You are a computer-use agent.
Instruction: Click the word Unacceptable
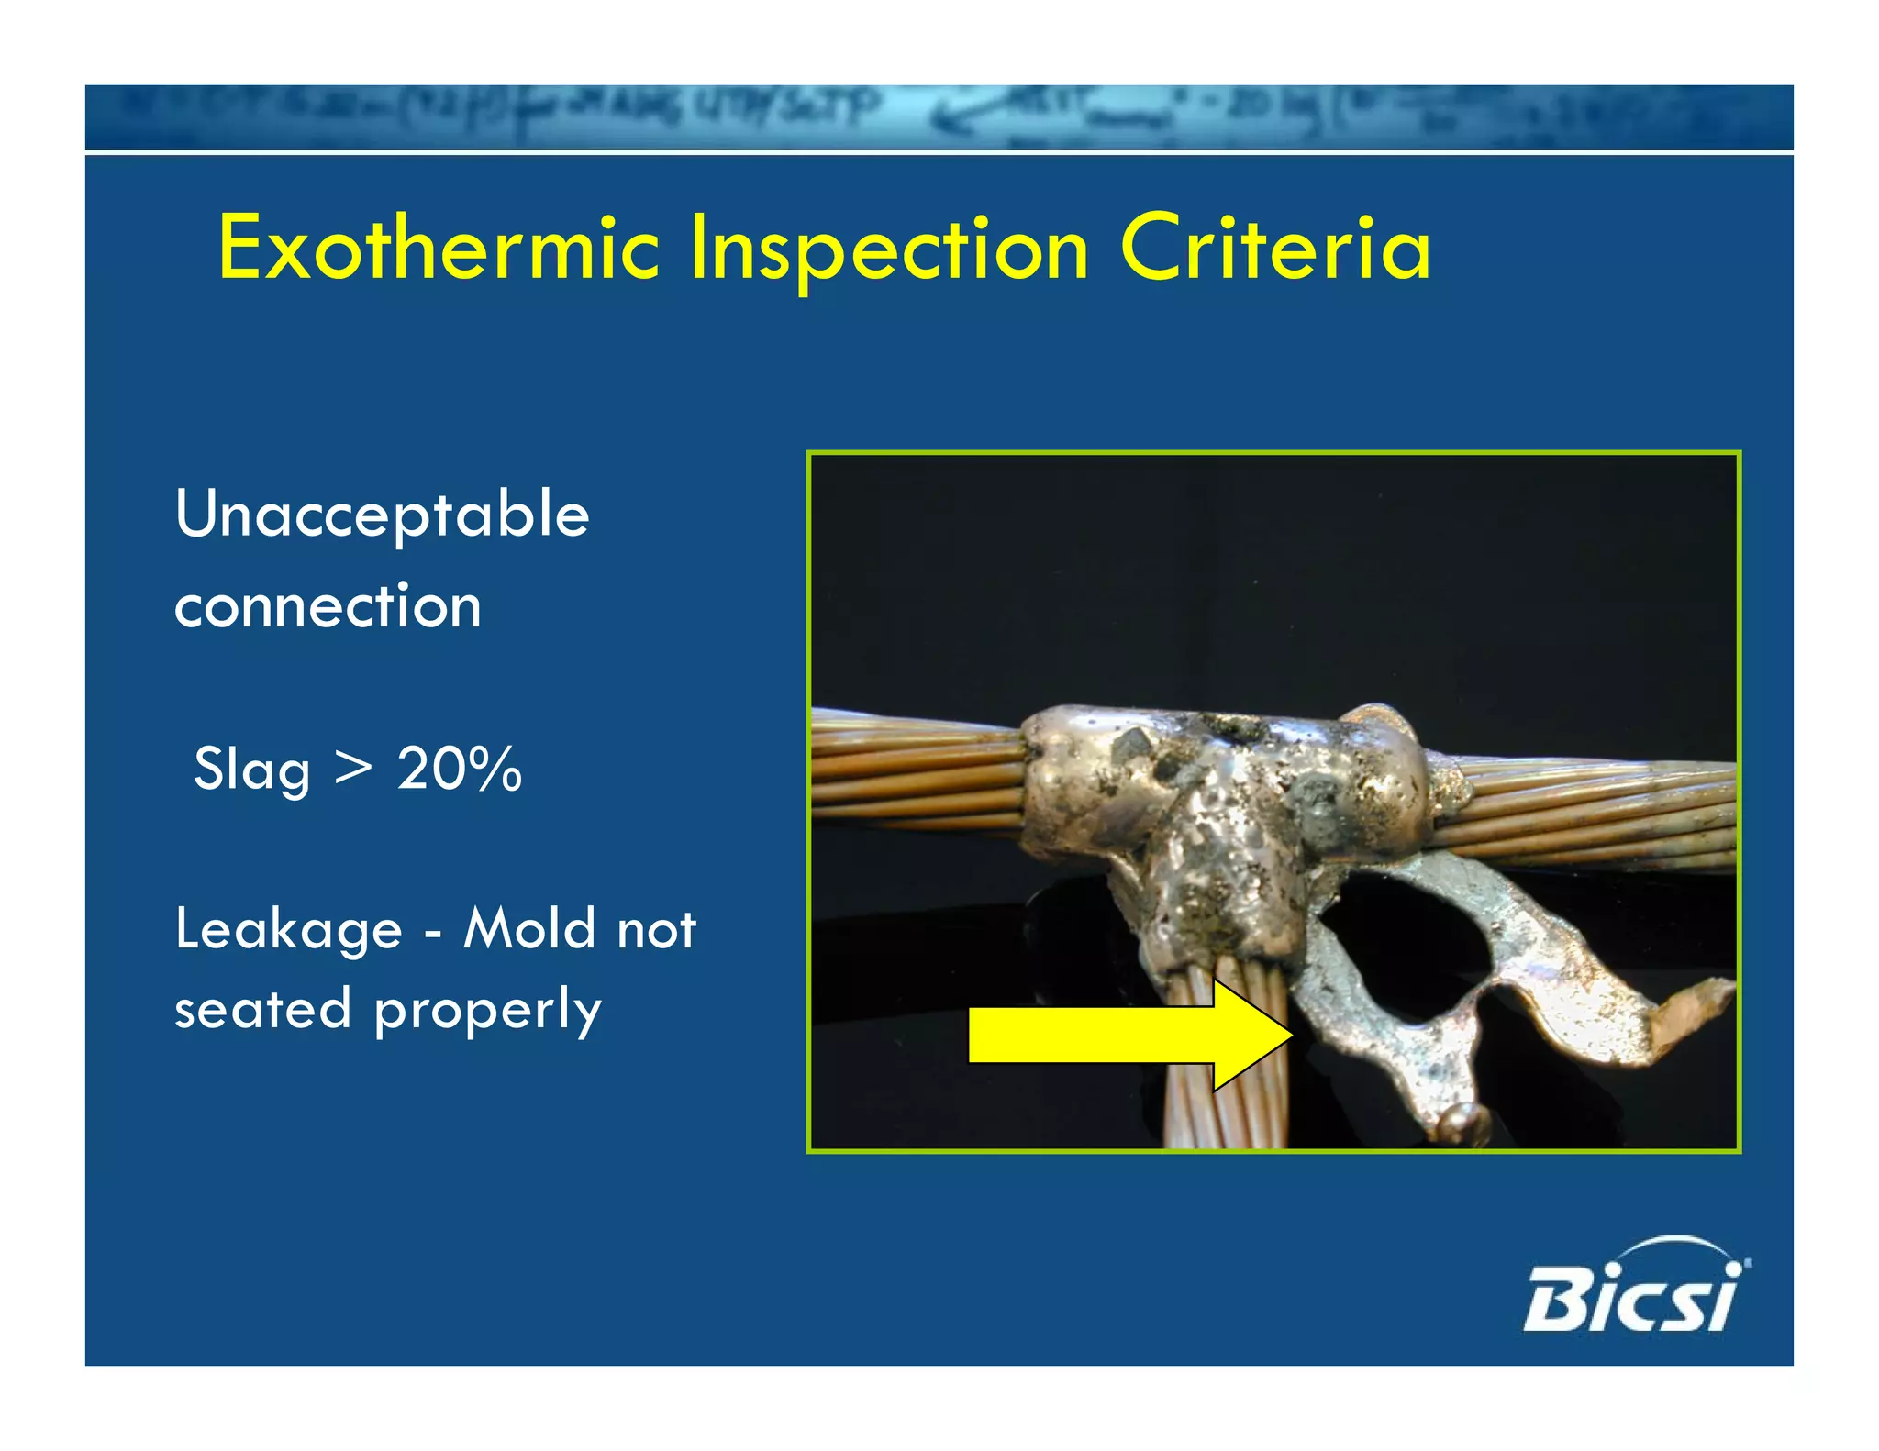(382, 516)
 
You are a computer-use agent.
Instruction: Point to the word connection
(328, 606)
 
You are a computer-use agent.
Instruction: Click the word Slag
(251, 770)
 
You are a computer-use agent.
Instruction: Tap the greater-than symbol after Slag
(353, 770)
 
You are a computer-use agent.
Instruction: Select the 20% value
(459, 768)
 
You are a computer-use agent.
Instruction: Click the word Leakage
(288, 929)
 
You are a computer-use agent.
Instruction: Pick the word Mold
(528, 927)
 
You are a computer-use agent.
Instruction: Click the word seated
(262, 1010)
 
